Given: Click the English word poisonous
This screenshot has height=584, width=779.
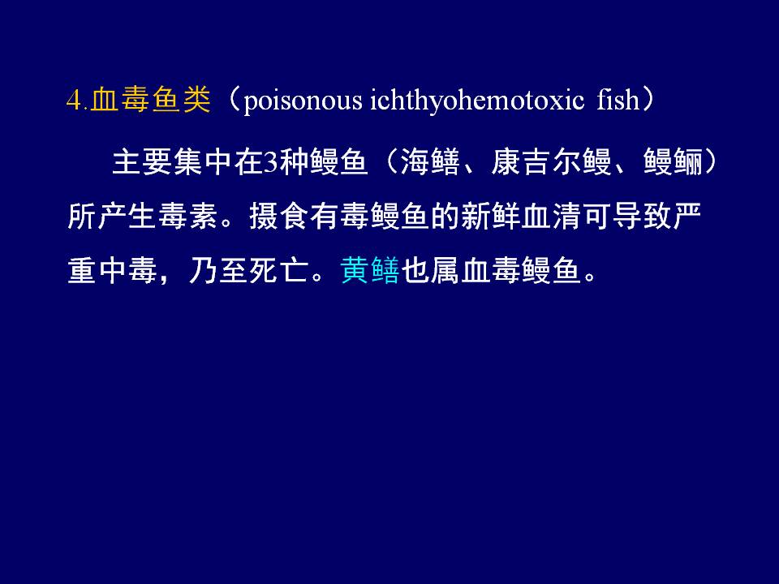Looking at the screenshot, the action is point(303,101).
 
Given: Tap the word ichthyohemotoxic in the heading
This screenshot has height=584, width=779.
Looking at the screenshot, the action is point(477,100).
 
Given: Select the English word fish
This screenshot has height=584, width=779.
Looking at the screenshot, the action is point(618,99).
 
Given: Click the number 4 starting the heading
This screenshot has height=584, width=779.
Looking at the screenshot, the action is point(74,100).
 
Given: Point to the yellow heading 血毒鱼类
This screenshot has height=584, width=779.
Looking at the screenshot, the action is point(151,99).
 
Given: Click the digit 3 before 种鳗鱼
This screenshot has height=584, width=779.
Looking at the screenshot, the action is point(270,162).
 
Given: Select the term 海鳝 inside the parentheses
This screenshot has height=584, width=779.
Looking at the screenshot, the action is point(430,162).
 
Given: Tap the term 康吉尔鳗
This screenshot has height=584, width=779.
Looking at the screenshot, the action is point(552,162).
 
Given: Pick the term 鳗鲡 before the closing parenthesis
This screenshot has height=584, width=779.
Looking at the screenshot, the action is point(674,162).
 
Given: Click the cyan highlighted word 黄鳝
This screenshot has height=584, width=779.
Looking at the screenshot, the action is point(370,271).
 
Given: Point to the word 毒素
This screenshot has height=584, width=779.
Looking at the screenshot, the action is point(188,217).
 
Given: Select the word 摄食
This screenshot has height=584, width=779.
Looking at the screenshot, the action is point(279,217).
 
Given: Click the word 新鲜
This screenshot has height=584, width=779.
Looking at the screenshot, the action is point(492,217).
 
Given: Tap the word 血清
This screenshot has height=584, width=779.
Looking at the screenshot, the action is point(552,217).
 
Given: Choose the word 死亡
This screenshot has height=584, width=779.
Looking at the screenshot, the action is point(279,271).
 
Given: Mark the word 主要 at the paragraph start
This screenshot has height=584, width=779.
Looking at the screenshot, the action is point(143,162).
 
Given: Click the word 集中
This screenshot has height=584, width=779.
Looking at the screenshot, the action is point(203,162).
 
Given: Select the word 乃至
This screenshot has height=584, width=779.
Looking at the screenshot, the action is point(218,271).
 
